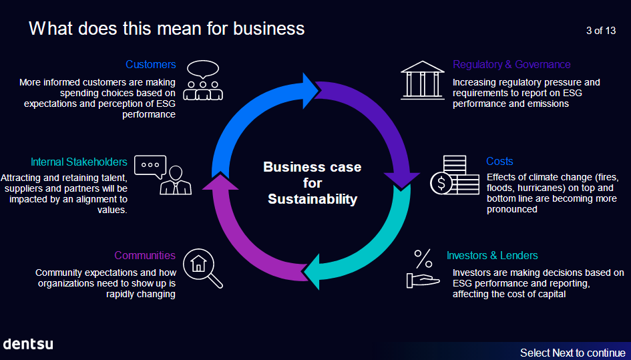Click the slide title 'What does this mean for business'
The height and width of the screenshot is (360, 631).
tap(167, 29)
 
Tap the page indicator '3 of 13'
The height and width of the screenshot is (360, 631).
tap(600, 30)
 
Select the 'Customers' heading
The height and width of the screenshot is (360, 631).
tap(150, 65)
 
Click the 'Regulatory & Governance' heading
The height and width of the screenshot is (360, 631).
tap(511, 65)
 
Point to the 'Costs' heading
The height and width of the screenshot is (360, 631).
tap(499, 162)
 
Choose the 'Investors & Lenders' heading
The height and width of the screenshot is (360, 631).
tap(492, 256)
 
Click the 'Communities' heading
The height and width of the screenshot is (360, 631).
tap(145, 256)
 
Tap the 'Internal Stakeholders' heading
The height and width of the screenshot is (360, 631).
tap(79, 162)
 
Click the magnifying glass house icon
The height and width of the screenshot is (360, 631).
tap(202, 268)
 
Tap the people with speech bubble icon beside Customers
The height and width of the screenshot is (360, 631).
tap(202, 80)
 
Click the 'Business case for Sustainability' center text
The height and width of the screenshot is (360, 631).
tap(312, 183)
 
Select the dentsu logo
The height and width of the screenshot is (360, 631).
tap(28, 344)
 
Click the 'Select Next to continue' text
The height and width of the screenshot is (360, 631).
tap(572, 353)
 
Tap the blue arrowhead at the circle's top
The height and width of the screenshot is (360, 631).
tap(311, 87)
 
